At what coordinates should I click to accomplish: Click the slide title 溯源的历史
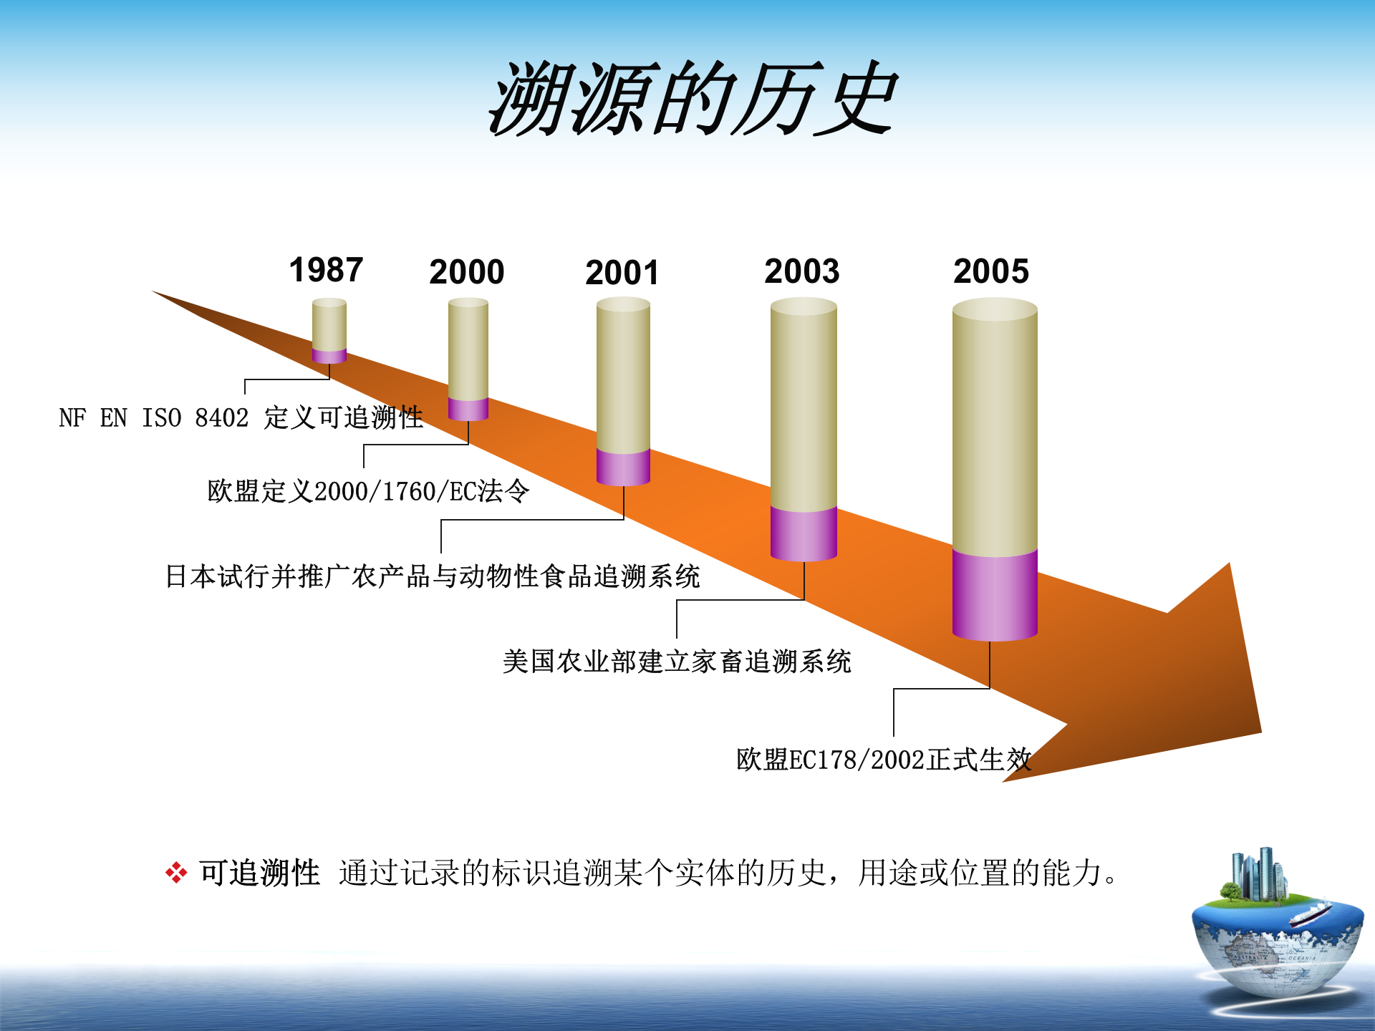tap(692, 99)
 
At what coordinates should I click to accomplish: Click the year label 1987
tap(326, 270)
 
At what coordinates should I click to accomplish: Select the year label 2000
tap(467, 272)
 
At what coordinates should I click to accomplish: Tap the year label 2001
tap(622, 273)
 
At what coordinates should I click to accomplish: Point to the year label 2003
tap(801, 271)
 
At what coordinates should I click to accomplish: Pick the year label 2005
tap(991, 271)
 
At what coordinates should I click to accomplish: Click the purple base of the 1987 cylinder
tap(329, 356)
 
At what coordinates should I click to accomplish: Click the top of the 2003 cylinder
tap(804, 307)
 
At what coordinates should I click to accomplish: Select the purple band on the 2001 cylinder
tap(623, 467)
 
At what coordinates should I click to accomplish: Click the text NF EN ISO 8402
tap(153, 418)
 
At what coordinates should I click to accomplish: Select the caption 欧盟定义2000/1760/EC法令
tap(368, 492)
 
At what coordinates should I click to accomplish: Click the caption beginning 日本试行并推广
tap(433, 576)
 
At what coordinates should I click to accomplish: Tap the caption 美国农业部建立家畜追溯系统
tap(677, 662)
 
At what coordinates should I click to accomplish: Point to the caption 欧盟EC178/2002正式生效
tap(884, 760)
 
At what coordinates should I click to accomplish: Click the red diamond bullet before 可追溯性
tap(176, 873)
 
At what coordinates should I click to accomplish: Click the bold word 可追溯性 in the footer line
tap(260, 873)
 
